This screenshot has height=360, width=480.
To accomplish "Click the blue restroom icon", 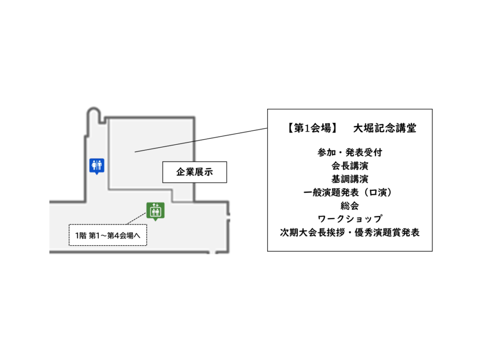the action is click(97, 165).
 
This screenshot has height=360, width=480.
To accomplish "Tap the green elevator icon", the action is click(156, 211).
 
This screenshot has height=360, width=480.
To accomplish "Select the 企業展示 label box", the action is click(195, 172).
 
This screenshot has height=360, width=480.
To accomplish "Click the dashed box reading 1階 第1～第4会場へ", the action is click(108, 235).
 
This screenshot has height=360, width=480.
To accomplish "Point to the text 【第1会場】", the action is click(311, 128).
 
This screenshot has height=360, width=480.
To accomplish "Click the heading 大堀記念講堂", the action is click(385, 128).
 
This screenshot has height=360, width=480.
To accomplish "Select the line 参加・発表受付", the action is click(350, 152).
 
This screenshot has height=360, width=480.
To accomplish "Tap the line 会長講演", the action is click(350, 165).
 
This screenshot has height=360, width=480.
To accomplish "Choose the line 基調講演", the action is click(350, 179).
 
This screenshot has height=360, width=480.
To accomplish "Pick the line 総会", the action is click(350, 206).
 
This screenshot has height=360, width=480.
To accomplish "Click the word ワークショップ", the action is click(350, 219).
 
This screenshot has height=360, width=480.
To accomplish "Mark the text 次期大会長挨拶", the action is click(312, 232).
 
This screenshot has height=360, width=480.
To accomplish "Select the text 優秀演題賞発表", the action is click(387, 232).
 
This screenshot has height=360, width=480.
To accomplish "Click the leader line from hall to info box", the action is click(201, 140).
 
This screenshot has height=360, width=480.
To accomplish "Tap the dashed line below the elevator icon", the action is click(136, 219).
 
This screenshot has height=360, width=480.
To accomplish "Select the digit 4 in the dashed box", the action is click(117, 235).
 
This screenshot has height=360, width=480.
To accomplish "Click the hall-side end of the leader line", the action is click(135, 152).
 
